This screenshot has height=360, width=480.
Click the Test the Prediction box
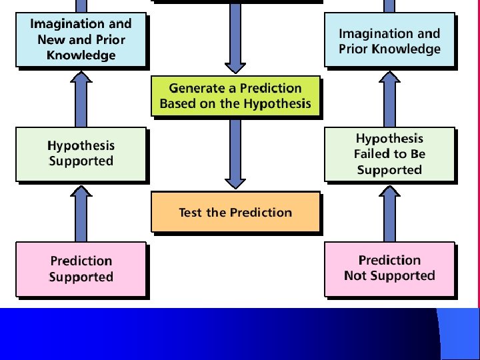point(235,212)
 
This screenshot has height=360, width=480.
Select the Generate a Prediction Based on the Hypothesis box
point(235,95)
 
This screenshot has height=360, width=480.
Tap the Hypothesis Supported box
point(81,154)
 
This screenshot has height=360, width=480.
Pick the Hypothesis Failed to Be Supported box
point(389,154)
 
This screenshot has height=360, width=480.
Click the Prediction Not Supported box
point(389,268)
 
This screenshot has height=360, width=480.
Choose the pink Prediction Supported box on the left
point(81,269)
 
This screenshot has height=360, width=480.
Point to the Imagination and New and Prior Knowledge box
point(81,39)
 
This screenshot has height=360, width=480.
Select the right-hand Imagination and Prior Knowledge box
point(389,41)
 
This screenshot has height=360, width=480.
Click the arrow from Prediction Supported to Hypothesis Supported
point(81,213)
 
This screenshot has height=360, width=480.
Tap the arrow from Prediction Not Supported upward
point(389,213)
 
